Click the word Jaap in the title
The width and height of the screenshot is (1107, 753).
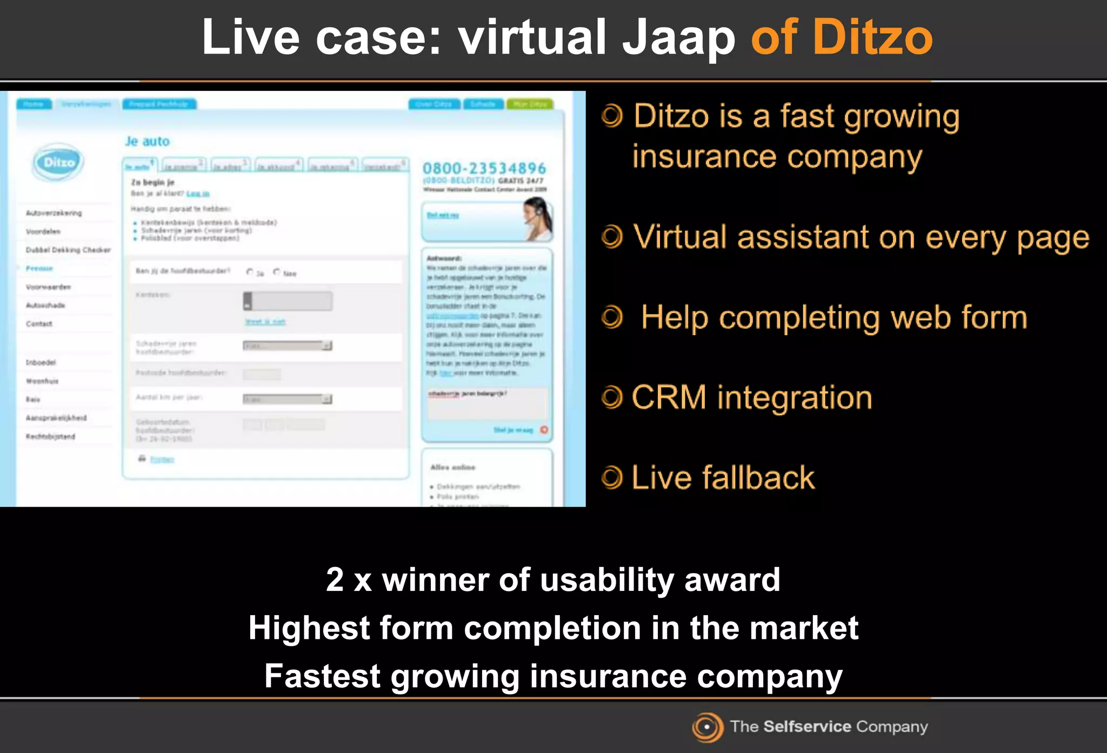click(x=678, y=38)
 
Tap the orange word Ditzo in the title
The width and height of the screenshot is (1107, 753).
click(x=872, y=38)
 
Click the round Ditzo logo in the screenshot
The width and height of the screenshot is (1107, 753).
click(x=58, y=162)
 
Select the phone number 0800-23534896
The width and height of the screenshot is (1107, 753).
click(x=484, y=169)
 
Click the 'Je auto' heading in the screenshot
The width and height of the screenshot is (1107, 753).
click(x=147, y=142)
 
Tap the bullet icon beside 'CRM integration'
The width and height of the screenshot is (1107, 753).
click(x=612, y=398)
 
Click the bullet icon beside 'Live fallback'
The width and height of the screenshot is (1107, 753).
click(x=612, y=478)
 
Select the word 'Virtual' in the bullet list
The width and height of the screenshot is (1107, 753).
click(x=680, y=237)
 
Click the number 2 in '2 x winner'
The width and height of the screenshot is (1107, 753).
click(x=335, y=580)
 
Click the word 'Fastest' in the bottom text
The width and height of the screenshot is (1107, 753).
click(x=322, y=676)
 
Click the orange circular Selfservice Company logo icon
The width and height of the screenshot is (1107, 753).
click(x=707, y=727)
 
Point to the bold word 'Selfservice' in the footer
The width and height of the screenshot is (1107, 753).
click(x=807, y=727)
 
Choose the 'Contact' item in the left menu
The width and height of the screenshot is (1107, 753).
click(x=39, y=324)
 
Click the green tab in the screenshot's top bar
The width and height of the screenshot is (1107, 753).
click(x=530, y=104)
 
